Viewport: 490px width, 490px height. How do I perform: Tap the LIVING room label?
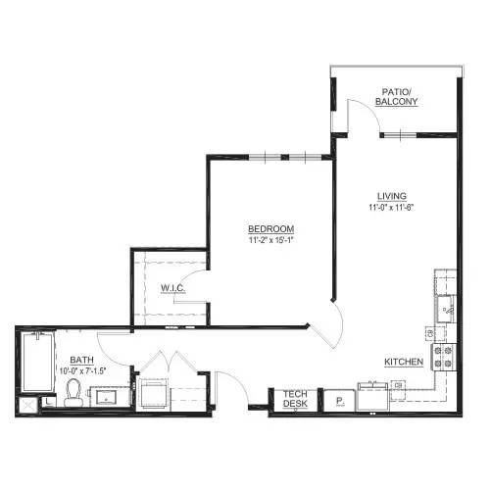coord(391,195)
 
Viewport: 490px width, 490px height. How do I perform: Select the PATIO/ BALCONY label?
coord(400,96)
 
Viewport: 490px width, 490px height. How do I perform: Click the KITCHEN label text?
coord(403,362)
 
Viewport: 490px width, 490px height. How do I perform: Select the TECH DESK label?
coord(295,399)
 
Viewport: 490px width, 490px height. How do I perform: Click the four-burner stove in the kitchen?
coord(445,358)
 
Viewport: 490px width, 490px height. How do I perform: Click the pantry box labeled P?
coord(339,400)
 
